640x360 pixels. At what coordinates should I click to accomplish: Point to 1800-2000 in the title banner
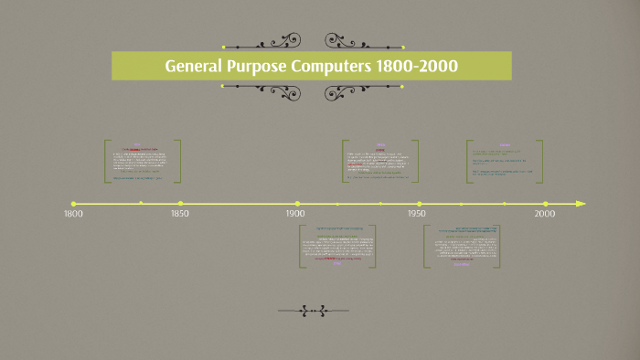pos(425,67)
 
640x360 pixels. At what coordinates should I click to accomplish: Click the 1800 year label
pos(72,215)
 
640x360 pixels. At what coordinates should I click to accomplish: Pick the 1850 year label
pos(180,215)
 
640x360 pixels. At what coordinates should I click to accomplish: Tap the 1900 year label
pos(295,215)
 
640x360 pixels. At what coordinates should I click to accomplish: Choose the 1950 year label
pos(417,215)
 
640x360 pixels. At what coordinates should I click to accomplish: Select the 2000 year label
pos(545,215)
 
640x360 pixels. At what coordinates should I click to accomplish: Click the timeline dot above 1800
pos(73,204)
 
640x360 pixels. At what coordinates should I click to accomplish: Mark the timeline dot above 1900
pos(297,204)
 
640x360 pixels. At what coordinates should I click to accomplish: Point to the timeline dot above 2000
pos(546,204)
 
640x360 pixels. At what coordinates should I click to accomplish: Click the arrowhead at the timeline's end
pos(581,204)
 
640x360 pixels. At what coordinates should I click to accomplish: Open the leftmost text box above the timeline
pos(143,162)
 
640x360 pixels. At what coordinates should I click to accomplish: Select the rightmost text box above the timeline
pos(504,162)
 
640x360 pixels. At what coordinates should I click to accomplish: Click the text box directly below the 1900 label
pos(337,245)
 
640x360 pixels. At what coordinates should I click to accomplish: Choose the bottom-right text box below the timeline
pos(462,245)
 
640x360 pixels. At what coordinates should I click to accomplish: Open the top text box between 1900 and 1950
pos(380,162)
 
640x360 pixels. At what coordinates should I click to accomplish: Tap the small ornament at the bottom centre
pos(311,312)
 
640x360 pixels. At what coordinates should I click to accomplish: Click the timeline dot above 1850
pos(181,204)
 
